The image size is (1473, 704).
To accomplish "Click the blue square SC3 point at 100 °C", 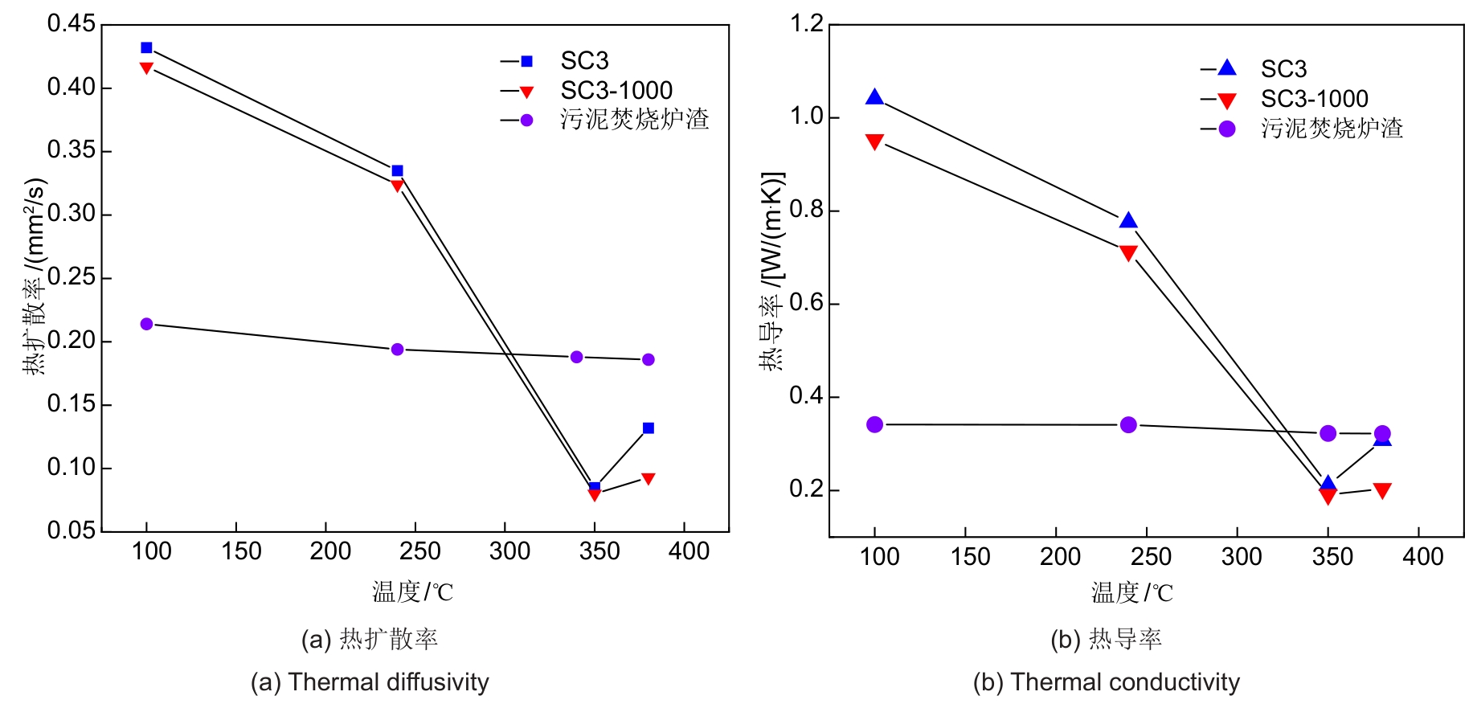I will coord(146,48).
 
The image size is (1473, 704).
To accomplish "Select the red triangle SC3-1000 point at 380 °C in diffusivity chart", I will coord(649,479).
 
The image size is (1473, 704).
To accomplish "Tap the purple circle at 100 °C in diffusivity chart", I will coord(146,324).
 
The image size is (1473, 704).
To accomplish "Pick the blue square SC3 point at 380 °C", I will coord(649,428).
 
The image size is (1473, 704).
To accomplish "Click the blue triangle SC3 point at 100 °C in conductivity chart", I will coord(874,98).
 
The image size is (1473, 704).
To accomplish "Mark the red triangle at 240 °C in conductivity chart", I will coord(1128,253).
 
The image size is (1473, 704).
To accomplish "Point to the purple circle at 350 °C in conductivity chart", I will coord(1328,433).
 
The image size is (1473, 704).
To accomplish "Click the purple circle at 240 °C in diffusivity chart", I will coord(397,350).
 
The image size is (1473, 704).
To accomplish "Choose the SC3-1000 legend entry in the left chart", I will coord(616,90).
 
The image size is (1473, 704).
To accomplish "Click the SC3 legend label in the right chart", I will coord(1283,69).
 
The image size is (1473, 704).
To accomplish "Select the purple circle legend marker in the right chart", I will coord(1227,129).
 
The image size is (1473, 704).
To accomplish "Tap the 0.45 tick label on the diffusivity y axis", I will coord(71,24).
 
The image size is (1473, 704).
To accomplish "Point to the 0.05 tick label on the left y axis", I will coord(71,530).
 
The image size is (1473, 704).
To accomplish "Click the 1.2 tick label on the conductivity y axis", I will coord(807,24).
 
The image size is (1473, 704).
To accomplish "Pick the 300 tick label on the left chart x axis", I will coord(509,551).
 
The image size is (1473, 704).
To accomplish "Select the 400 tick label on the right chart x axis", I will coord(1422,557).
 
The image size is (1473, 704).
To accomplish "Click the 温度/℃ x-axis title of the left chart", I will coord(412,592).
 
